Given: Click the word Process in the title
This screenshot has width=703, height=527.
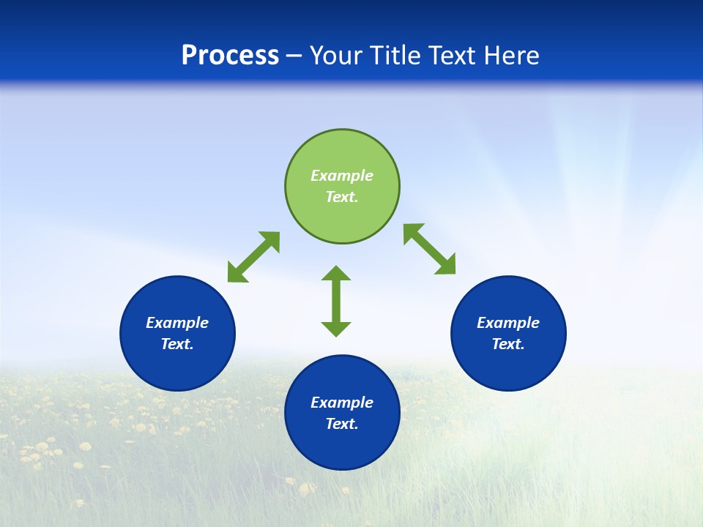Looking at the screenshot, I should tap(230, 56).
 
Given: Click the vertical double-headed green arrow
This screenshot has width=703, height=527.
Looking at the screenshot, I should tap(336, 301).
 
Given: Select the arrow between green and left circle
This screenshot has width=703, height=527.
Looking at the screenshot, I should tap(253, 257).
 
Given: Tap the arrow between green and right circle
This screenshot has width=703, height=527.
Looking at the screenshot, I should tap(430, 250).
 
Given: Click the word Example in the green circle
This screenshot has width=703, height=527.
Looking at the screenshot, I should tap(342, 176).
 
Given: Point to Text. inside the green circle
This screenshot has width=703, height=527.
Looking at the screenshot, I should tap(342, 197).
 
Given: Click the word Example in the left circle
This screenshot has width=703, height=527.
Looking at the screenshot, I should tap(177, 323).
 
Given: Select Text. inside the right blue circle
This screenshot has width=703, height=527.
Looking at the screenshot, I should tap(508, 344).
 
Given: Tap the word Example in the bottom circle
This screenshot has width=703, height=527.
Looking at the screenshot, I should tap(342, 403).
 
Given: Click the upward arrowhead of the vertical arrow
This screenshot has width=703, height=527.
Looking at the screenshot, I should tap(336, 274).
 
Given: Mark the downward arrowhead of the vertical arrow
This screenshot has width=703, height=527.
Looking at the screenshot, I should tap(336, 328).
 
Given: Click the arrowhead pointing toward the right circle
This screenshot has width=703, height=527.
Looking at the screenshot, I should tap(446, 266).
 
